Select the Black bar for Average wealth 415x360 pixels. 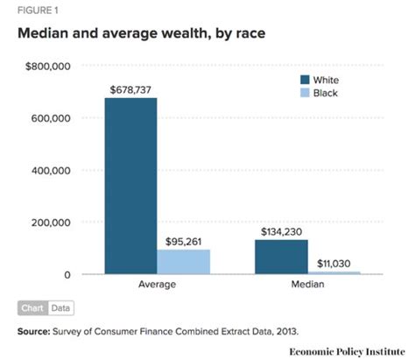tap(184, 262)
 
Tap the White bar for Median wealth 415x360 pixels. tap(281, 257)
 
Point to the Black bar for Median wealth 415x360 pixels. tap(334, 272)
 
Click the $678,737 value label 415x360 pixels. tap(131, 89)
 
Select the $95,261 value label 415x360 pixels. tap(185, 241)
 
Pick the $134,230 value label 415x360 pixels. tap(282, 231)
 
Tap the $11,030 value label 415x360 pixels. tap(334, 263)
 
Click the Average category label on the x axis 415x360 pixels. tap(158, 286)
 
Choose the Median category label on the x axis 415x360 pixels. tap(307, 286)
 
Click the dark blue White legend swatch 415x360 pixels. tap(306, 80)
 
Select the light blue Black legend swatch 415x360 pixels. tap(306, 92)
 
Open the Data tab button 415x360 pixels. tap(60, 308)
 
